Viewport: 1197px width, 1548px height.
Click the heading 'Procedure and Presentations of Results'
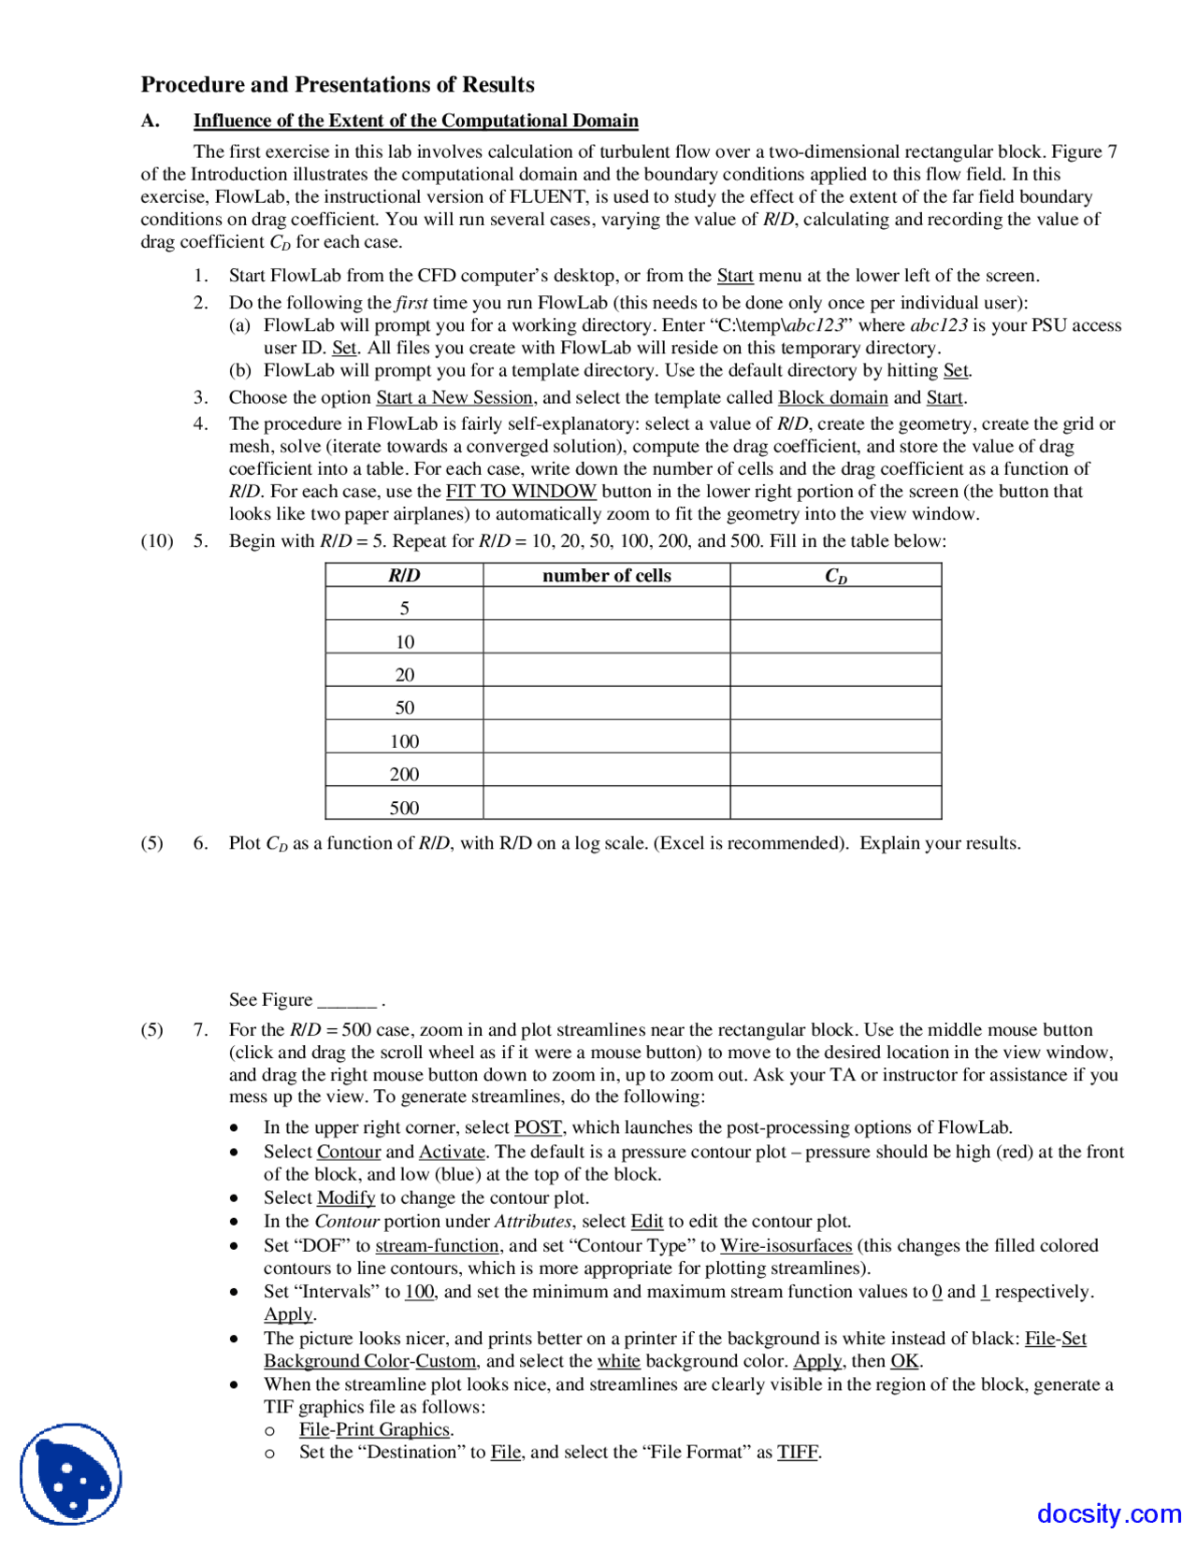coord(338,85)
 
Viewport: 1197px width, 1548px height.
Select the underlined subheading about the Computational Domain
coord(415,122)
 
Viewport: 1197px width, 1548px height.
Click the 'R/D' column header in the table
coord(404,576)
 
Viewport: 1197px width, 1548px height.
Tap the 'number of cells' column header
coord(606,576)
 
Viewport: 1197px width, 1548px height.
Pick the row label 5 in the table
coord(404,609)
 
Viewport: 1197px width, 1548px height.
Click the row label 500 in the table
coord(404,808)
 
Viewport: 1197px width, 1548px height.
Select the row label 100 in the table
coord(404,741)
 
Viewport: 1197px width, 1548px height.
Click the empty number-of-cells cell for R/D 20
coord(606,675)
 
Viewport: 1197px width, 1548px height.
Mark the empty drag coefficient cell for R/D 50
coord(835,708)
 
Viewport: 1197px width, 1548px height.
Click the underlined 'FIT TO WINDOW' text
coord(521,492)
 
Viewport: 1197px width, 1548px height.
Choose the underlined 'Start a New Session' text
coord(454,398)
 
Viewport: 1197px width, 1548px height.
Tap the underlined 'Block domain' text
coord(832,398)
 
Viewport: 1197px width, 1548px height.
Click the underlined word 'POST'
coord(538,1128)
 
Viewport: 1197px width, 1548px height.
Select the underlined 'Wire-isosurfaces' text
coord(786,1246)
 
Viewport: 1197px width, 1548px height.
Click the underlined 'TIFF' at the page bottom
coord(797,1453)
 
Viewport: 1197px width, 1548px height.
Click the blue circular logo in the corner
coord(71,1474)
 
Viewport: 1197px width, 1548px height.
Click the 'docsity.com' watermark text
coord(1108,1513)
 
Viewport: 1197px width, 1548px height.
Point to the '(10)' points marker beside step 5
coord(157,541)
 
